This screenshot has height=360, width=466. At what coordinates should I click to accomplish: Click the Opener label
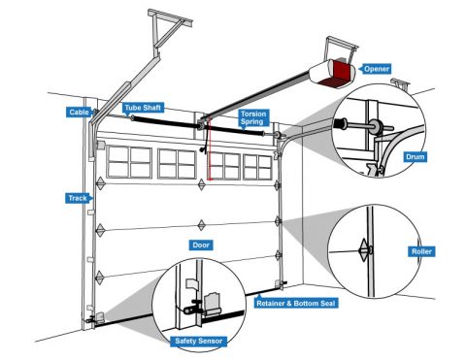376,69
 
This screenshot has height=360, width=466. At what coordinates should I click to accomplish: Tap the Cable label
79,113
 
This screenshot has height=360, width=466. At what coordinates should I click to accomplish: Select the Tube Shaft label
143,108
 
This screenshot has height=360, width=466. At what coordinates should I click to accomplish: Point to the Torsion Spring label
253,117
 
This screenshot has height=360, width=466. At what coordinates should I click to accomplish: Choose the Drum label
415,157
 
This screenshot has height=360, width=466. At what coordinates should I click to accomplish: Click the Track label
78,198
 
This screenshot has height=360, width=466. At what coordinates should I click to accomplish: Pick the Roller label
421,251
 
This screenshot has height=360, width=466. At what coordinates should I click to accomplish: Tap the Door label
201,245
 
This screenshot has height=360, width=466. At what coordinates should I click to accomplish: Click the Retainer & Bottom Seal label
296,304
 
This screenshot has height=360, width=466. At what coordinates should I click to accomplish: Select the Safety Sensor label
199,341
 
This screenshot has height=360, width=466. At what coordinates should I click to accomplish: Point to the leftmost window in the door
129,162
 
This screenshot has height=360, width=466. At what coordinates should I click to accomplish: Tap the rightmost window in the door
257,167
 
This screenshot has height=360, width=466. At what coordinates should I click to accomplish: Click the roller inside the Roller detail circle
365,250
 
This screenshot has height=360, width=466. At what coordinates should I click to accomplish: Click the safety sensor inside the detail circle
193,307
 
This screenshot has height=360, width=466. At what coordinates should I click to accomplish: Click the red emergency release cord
210,148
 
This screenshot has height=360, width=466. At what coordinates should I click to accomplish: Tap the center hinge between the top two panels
202,184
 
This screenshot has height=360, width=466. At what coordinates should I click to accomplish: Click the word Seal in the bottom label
327,304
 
